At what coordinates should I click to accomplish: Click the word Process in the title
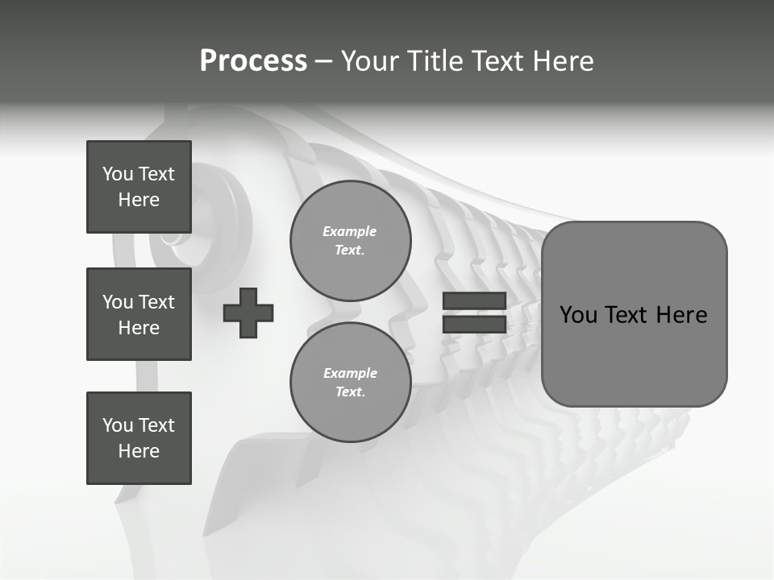(x=253, y=61)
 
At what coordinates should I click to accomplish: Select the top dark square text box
(x=139, y=187)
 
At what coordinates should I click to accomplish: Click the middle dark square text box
(x=139, y=314)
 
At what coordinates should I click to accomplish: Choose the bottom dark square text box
(x=139, y=438)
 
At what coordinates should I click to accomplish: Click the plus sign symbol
(x=248, y=313)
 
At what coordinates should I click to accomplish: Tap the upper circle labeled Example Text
(x=350, y=241)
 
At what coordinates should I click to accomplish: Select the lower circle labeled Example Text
(x=350, y=383)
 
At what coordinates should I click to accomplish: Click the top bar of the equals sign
(x=474, y=301)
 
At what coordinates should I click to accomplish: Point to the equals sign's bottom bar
(x=474, y=325)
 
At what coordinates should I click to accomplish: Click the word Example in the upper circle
(x=350, y=231)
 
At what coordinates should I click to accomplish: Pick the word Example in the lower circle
(x=350, y=373)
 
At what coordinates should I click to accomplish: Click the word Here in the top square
(x=139, y=200)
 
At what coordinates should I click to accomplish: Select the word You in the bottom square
(x=118, y=425)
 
